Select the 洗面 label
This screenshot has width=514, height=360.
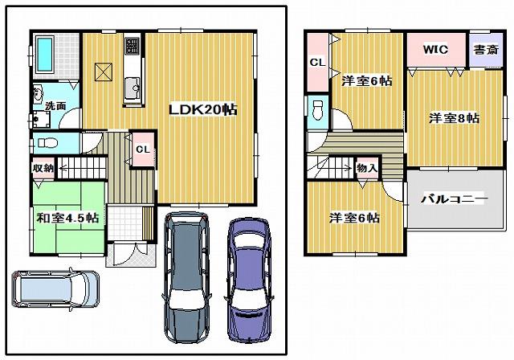click(55, 105)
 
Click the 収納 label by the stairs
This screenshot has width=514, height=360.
click(43, 168)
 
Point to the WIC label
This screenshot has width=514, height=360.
click(435, 49)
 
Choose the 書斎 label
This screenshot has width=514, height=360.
click(483, 49)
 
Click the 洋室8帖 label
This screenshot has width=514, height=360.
click(454, 118)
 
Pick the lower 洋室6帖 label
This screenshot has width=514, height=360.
click(353, 217)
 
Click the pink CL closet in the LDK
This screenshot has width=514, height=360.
click(142, 149)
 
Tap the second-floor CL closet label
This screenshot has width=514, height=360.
click(316, 62)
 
